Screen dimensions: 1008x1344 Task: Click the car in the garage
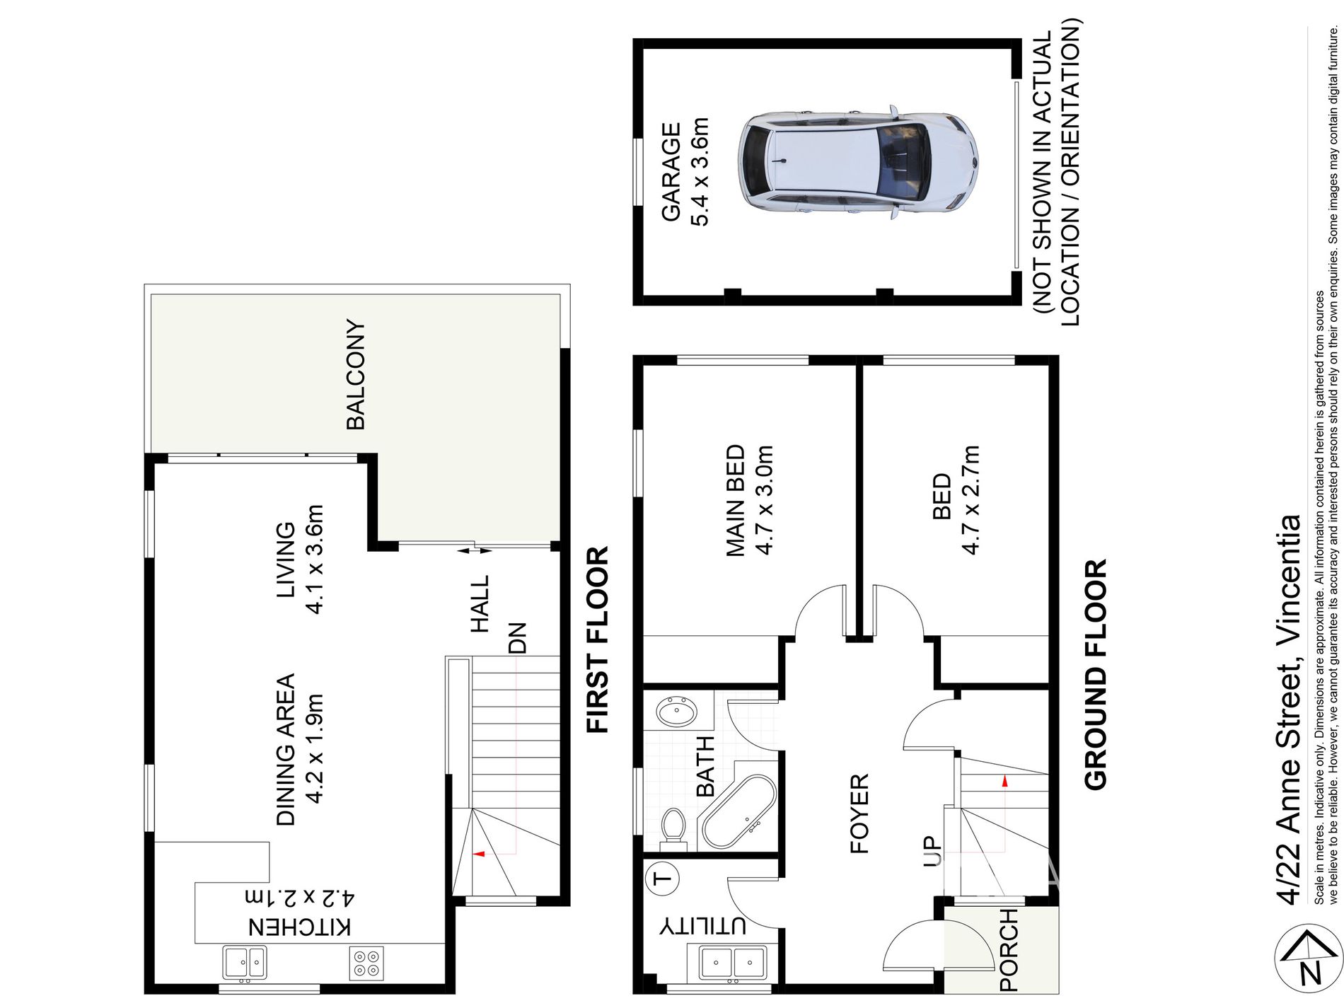tap(857, 163)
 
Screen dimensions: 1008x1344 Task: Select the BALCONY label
tap(355, 375)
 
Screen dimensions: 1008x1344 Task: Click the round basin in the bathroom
tap(676, 710)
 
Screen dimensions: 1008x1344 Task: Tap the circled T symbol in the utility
tap(663, 879)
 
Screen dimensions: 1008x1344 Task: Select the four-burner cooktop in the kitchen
tap(366, 963)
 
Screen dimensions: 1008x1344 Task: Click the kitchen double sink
tap(245, 962)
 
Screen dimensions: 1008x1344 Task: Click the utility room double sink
tap(732, 963)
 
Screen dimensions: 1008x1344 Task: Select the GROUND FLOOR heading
tap(1095, 675)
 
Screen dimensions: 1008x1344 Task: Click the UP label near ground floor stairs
tap(932, 851)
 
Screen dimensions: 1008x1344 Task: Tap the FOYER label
tap(858, 813)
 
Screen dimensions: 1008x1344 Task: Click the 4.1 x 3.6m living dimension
tap(314, 559)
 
